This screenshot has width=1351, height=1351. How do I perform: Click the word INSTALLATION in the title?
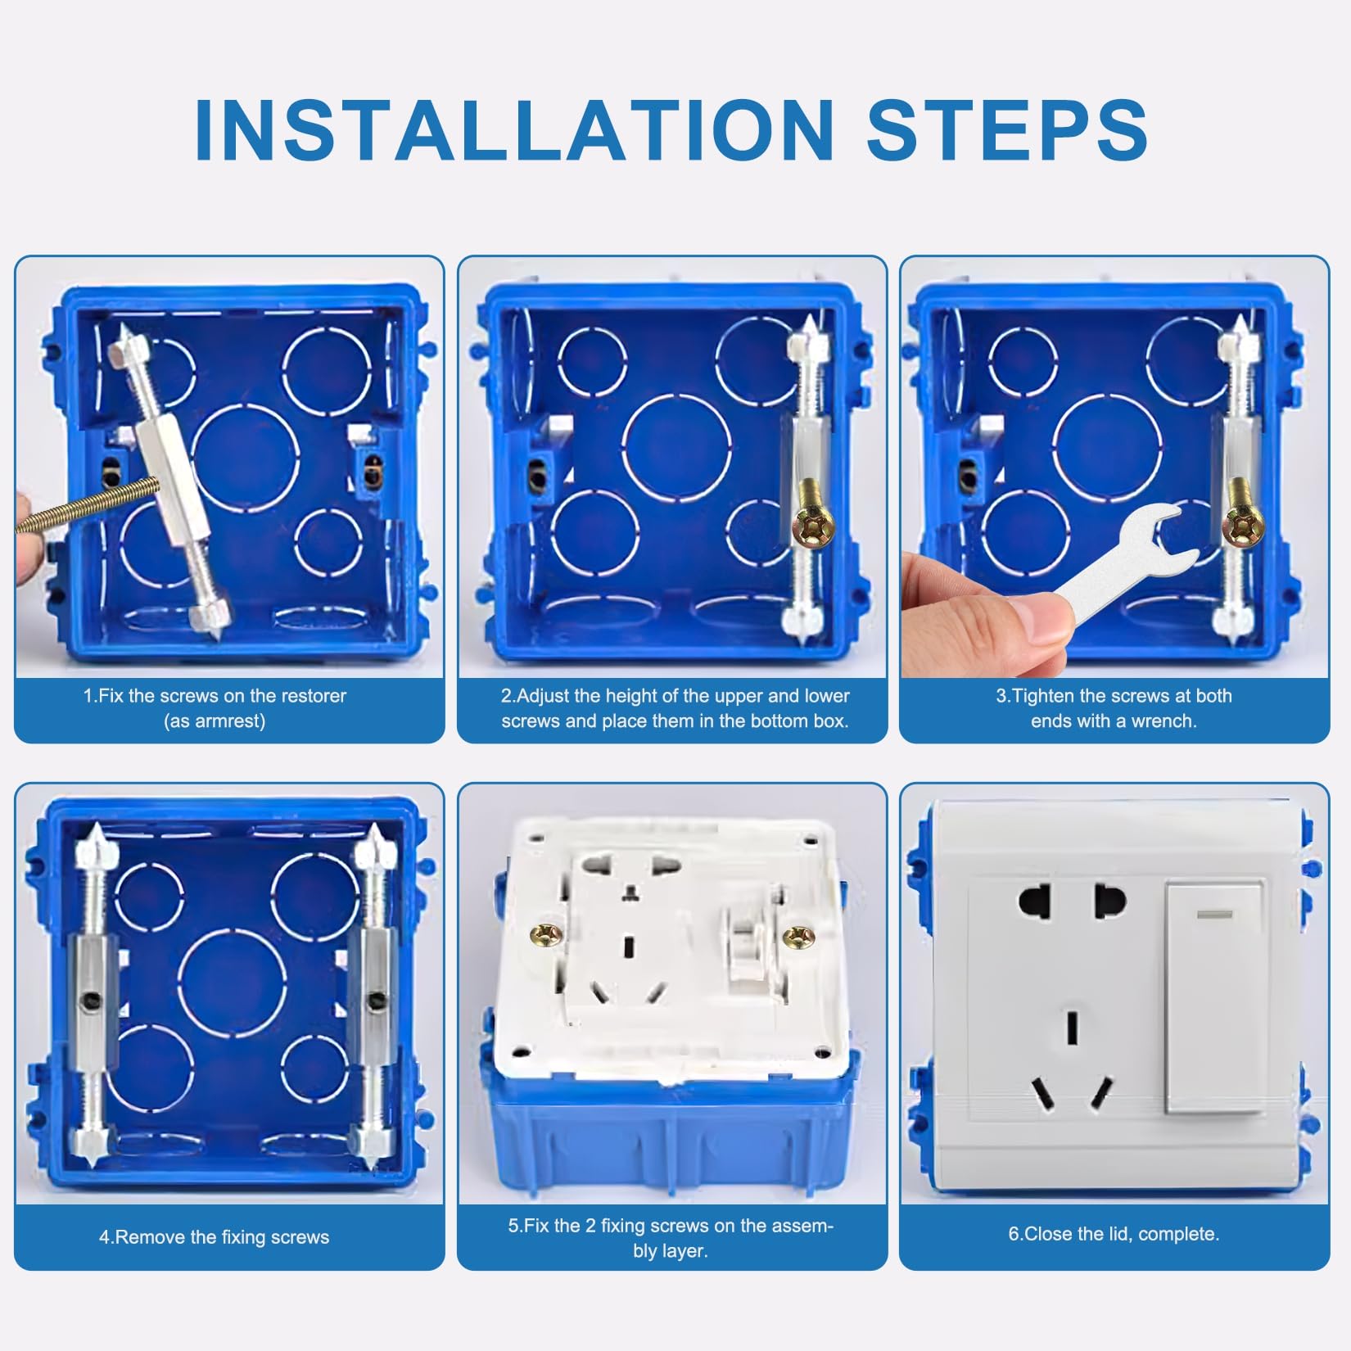click(514, 129)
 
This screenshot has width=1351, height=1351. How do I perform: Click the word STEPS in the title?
click(1007, 129)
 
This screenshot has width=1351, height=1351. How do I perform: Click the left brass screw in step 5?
click(546, 933)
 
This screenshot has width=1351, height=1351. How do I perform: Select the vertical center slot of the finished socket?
click(1072, 1028)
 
